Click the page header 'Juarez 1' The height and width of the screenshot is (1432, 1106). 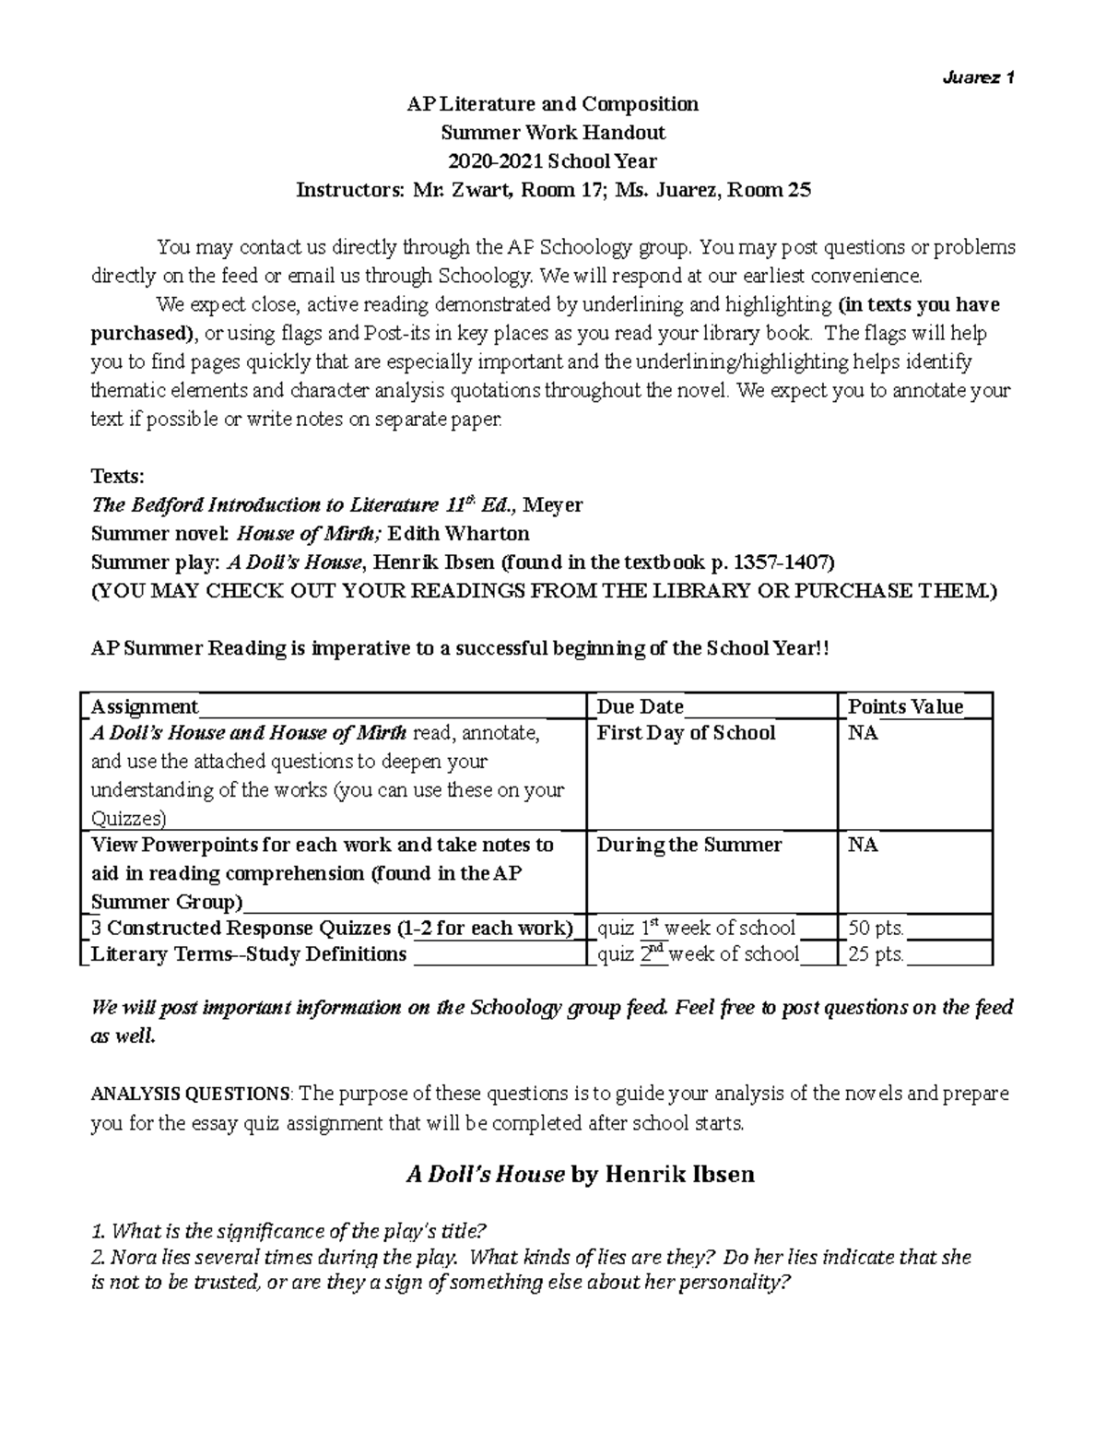(x=978, y=77)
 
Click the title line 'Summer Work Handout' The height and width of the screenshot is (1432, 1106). (x=553, y=132)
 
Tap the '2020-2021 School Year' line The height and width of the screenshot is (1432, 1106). (x=552, y=161)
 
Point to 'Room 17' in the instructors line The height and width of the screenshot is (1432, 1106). (x=556, y=190)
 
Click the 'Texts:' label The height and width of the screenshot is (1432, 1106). (x=117, y=476)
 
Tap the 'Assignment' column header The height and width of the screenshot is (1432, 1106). (x=144, y=706)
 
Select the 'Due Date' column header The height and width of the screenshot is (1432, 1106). (x=640, y=706)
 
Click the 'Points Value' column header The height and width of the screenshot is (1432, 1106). (x=905, y=706)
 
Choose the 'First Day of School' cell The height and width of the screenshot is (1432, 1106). (x=686, y=733)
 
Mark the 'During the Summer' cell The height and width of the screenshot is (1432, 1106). (x=688, y=845)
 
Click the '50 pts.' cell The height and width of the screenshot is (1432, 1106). (x=876, y=928)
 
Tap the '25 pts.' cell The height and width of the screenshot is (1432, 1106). (x=876, y=954)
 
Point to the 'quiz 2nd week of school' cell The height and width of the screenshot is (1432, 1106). (x=698, y=954)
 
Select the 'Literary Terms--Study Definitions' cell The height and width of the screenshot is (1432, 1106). (x=248, y=954)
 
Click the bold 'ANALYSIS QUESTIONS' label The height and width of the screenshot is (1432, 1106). (x=190, y=1095)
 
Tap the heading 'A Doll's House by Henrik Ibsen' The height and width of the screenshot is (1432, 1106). (x=580, y=1174)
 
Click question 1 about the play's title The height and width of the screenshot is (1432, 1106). (x=288, y=1231)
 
